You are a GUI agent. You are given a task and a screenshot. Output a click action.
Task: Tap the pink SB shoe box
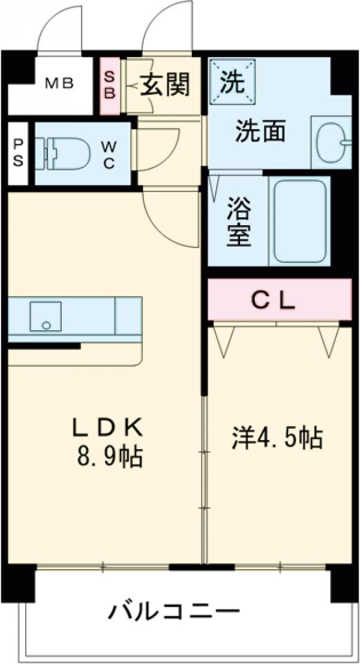tap(110, 86)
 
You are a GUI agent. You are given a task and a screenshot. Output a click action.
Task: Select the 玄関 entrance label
tap(165, 86)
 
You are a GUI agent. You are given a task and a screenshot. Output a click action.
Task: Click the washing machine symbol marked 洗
tap(232, 82)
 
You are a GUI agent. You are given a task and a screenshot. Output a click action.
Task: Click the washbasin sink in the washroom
tap(332, 143)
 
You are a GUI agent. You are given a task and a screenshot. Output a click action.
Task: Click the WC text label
tap(109, 154)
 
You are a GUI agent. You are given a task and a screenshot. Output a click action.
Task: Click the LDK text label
tap(108, 428)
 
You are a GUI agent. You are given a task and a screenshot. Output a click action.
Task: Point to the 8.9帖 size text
tap(108, 457)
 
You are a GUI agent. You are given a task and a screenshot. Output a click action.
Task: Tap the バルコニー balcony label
tap(174, 613)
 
